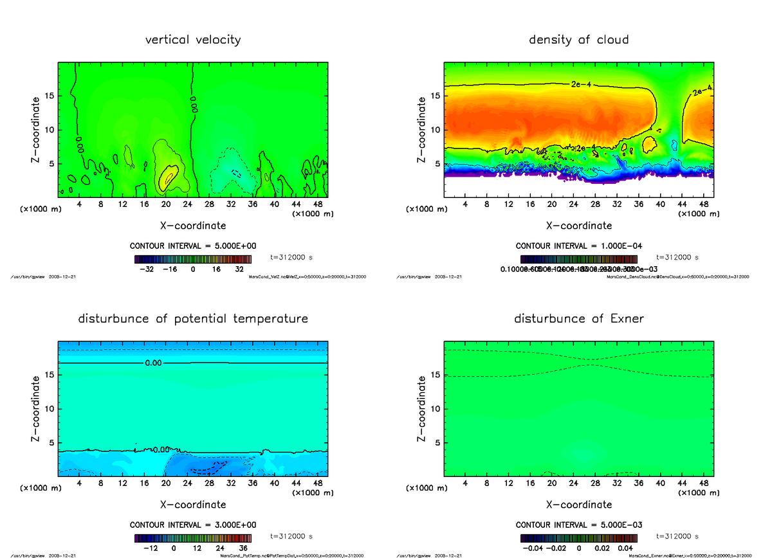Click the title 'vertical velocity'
coord(193,40)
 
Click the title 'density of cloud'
coord(578,40)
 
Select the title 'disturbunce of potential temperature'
coord(193,319)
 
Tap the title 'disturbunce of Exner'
coord(579,319)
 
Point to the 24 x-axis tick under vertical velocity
coord(187,204)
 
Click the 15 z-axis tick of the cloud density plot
coord(436,96)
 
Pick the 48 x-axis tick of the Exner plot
coord(703,483)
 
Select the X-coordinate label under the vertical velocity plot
coord(193,226)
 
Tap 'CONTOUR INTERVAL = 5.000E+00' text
coord(193,246)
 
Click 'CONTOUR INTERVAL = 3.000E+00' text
coord(193,525)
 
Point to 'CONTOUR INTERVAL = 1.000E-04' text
coord(579,246)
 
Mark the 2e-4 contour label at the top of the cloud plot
coord(581,84)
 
